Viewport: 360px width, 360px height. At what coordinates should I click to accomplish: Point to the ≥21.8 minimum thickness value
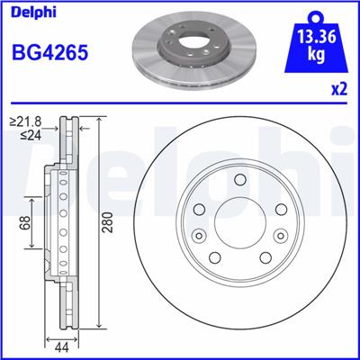pyautogui.click(x=26, y=121)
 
